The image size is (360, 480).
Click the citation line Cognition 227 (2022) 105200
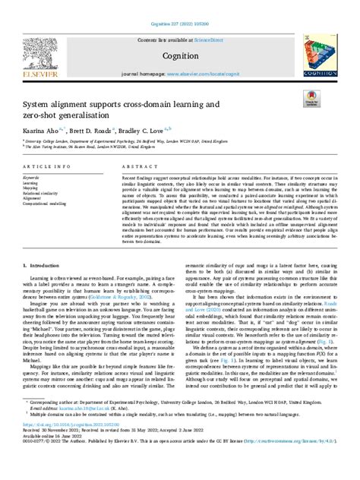pos(180,6)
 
